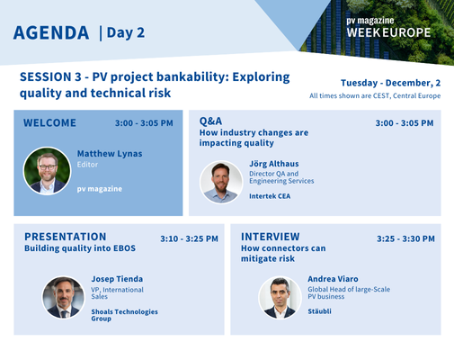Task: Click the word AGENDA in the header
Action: click(51, 33)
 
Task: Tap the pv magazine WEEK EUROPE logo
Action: click(388, 27)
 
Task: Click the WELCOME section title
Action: click(49, 122)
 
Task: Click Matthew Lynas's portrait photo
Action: click(48, 170)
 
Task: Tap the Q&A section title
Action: click(210, 121)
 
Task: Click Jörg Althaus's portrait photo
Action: click(221, 183)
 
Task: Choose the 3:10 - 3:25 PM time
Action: click(189, 239)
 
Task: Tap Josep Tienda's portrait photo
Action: click(63, 297)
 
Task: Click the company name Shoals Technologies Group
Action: click(124, 316)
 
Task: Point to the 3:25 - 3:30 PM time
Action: click(405, 239)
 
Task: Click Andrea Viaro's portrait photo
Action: click(280, 298)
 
